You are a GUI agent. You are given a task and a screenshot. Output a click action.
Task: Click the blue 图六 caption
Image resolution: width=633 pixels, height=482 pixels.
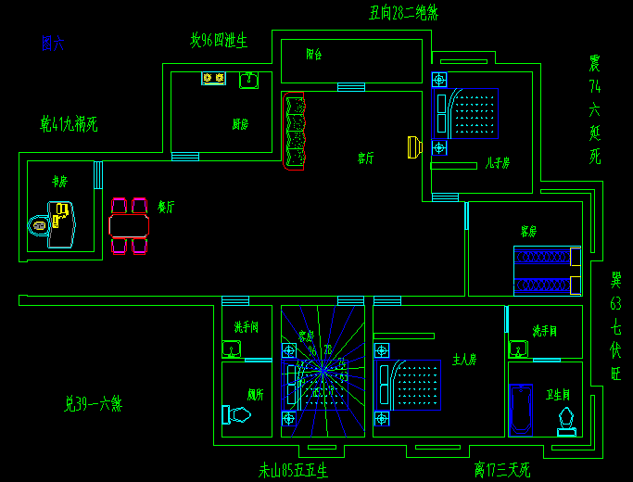click(x=52, y=43)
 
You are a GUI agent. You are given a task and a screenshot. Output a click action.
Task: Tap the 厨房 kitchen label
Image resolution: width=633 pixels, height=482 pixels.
click(x=240, y=124)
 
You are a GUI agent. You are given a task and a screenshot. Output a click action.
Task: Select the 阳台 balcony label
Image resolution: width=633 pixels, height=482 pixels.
click(x=313, y=55)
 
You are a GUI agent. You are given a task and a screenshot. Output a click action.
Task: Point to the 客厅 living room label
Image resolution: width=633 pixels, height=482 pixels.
click(x=366, y=159)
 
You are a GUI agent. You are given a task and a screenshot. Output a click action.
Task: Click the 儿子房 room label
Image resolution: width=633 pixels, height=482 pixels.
click(x=497, y=162)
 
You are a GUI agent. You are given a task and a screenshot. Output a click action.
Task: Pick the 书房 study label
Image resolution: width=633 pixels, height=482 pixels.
click(x=60, y=182)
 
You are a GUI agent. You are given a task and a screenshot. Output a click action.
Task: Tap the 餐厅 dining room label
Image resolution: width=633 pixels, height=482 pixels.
click(x=167, y=208)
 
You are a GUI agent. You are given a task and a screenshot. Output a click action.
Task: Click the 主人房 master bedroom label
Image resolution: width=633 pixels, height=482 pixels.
click(x=463, y=359)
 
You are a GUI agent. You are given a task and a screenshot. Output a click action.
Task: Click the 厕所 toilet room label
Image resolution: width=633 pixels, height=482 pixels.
click(x=256, y=394)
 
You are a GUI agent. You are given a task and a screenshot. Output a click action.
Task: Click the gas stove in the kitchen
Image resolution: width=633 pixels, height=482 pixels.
click(x=213, y=79)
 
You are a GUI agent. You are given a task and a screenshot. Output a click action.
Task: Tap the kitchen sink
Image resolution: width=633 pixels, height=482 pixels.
click(x=248, y=81)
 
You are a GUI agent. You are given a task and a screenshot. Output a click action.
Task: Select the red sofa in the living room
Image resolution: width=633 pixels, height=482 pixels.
click(x=295, y=132)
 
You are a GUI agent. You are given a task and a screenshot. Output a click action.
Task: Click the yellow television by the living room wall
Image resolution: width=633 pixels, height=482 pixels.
click(x=414, y=146)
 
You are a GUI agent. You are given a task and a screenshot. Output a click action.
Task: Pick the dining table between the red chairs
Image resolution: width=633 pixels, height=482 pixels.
click(x=129, y=225)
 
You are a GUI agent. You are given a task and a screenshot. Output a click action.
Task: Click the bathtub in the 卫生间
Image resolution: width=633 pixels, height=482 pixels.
click(x=522, y=409)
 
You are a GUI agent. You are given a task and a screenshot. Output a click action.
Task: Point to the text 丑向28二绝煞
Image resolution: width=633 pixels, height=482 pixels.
click(x=403, y=13)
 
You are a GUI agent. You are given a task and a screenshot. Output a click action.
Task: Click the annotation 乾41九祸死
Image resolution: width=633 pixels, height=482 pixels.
click(x=69, y=123)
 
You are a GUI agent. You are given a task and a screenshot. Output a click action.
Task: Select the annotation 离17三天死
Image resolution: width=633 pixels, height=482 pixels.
click(x=501, y=470)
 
